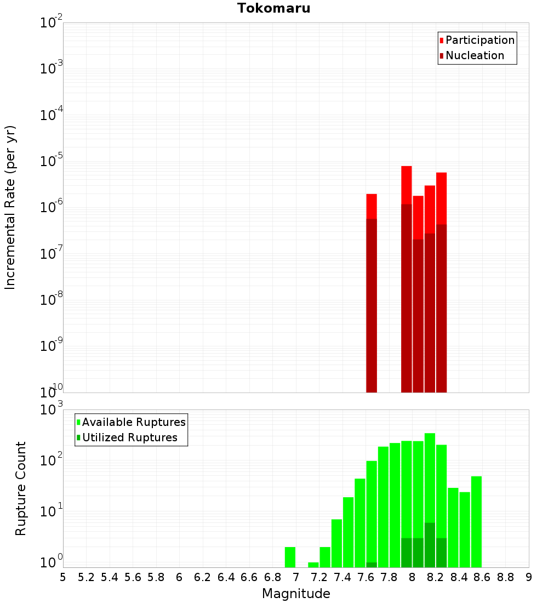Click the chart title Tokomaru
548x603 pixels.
273,8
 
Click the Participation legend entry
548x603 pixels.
480,40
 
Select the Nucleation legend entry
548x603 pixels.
475,55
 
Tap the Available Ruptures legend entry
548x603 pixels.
134,422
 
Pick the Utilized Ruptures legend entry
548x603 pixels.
129,437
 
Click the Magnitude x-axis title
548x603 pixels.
296,594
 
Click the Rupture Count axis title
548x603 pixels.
21,488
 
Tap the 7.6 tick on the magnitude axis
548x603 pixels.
366,577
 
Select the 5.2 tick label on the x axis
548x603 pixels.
87,577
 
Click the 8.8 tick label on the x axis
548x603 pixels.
506,577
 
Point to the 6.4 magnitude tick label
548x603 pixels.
226,577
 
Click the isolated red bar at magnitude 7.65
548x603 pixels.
372,206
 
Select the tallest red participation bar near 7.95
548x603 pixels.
407,185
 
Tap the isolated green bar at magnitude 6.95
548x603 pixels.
290,557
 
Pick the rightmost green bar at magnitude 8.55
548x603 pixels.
476,521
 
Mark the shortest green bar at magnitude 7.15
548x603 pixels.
313,565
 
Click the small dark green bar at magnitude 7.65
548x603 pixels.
372,565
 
